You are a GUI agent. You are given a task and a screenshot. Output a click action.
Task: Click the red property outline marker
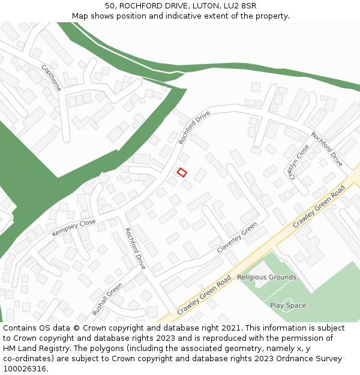[x=182, y=173]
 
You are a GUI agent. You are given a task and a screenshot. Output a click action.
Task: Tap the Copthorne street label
[x=51, y=78]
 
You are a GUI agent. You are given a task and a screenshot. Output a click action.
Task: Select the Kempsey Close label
[x=74, y=227]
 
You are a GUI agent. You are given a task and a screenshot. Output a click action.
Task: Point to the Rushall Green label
[x=107, y=299]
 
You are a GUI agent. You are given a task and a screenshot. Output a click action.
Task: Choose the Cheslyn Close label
[x=299, y=162]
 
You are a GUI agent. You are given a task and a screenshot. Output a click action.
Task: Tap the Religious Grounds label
[x=266, y=277]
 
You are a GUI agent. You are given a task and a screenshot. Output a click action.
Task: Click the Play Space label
[x=287, y=305]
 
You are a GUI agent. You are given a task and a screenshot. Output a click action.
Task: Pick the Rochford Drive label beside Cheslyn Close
[x=327, y=149]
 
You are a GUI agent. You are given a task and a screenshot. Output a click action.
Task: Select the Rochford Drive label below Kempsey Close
[x=135, y=248]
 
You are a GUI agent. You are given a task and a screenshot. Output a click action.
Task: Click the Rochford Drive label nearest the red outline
[x=194, y=127]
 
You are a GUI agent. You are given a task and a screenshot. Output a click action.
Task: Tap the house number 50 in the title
[x=110, y=6]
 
